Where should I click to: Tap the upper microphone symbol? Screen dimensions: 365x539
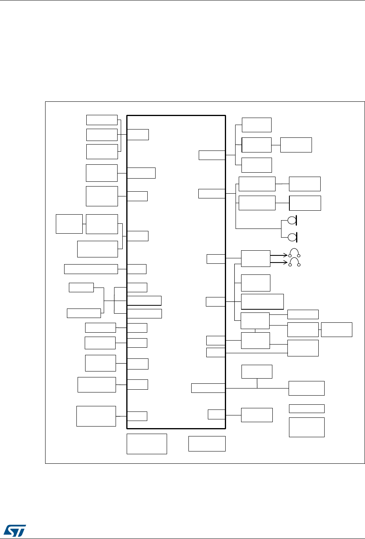292,220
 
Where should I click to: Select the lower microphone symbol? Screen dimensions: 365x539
292,237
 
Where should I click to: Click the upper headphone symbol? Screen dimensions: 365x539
295,253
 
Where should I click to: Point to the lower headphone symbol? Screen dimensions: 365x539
295,262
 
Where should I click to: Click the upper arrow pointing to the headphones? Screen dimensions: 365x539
279,255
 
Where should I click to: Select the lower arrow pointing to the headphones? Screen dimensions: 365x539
279,262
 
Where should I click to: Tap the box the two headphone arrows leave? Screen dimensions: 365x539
255,259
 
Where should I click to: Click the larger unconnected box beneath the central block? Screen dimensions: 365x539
146,444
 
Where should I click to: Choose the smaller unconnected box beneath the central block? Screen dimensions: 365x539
207,444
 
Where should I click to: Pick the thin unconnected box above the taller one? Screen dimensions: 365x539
307,408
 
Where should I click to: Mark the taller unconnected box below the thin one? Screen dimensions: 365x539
307,427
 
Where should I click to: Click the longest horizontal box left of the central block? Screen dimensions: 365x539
91,269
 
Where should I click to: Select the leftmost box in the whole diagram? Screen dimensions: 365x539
69,224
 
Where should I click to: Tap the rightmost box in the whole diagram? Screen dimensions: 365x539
336,329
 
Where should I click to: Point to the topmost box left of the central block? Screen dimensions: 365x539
102,120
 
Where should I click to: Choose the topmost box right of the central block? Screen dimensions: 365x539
257,125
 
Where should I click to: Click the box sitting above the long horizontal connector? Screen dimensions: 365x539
257,371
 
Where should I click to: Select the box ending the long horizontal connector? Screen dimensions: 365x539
306,388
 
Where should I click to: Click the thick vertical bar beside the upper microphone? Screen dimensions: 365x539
297,220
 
